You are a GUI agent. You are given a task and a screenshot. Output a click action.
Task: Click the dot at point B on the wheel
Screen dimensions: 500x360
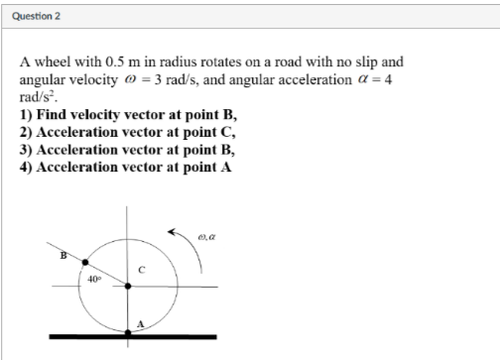(x=84, y=263)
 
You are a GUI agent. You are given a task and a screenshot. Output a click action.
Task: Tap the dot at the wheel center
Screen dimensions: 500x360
(x=127, y=287)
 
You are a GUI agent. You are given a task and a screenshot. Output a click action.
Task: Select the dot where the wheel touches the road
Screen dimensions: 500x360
(x=127, y=332)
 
